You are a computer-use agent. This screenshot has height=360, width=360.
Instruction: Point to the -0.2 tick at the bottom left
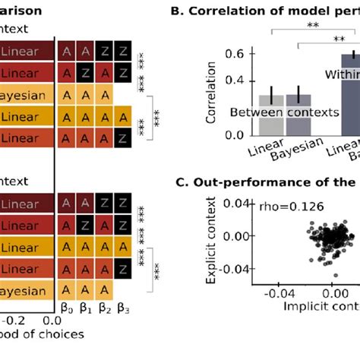point(14,320)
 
